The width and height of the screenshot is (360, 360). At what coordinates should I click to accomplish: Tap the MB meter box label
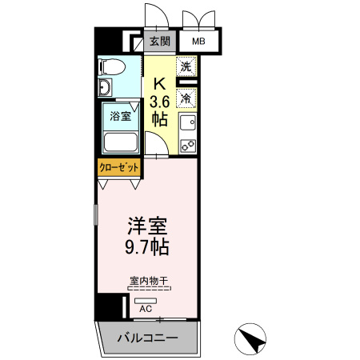pyautogui.click(x=196, y=42)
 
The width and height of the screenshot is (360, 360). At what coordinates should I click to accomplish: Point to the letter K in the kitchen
pyautogui.click(x=159, y=82)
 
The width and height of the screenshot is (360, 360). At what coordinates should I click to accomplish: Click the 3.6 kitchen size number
pyautogui.click(x=159, y=101)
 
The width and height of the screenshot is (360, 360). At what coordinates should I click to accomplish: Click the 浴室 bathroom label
pyautogui.click(x=120, y=115)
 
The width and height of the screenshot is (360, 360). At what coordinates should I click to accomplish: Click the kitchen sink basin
pyautogui.click(x=187, y=123)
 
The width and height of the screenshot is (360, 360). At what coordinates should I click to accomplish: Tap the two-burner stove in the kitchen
pyautogui.click(x=187, y=146)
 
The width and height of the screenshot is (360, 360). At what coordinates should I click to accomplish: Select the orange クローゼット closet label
pyautogui.click(x=119, y=168)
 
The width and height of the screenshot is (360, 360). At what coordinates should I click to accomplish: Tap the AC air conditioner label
pyautogui.click(x=146, y=308)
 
